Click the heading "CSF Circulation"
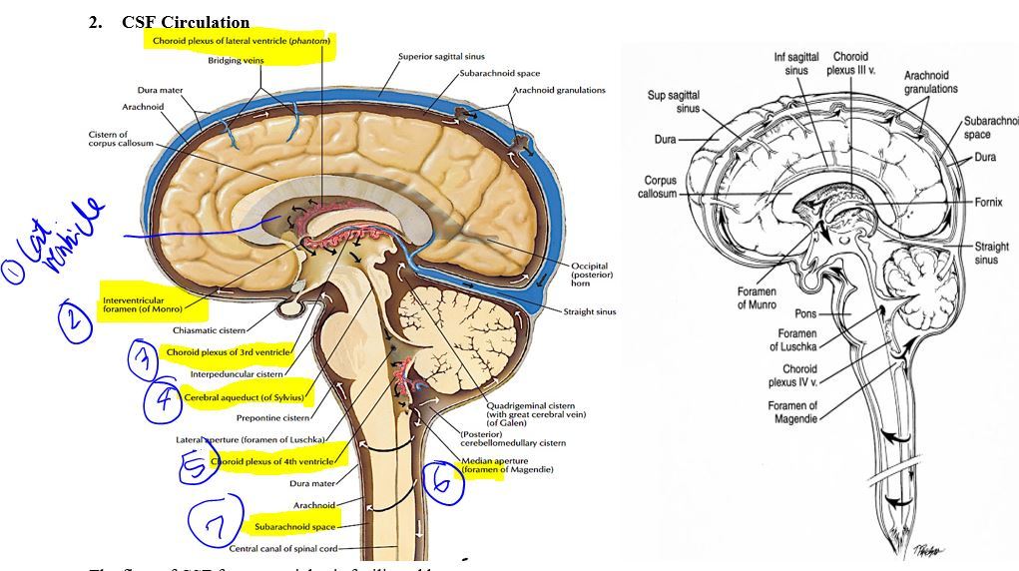(x=186, y=22)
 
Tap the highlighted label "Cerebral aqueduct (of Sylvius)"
(x=244, y=397)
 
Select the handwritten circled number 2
(x=75, y=320)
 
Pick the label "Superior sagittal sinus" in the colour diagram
(x=441, y=57)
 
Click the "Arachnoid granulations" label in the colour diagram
(x=559, y=90)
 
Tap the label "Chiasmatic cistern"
(x=209, y=329)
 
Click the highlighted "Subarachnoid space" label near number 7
(x=294, y=526)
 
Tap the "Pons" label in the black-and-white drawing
(x=806, y=312)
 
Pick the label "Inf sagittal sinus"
(x=796, y=64)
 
